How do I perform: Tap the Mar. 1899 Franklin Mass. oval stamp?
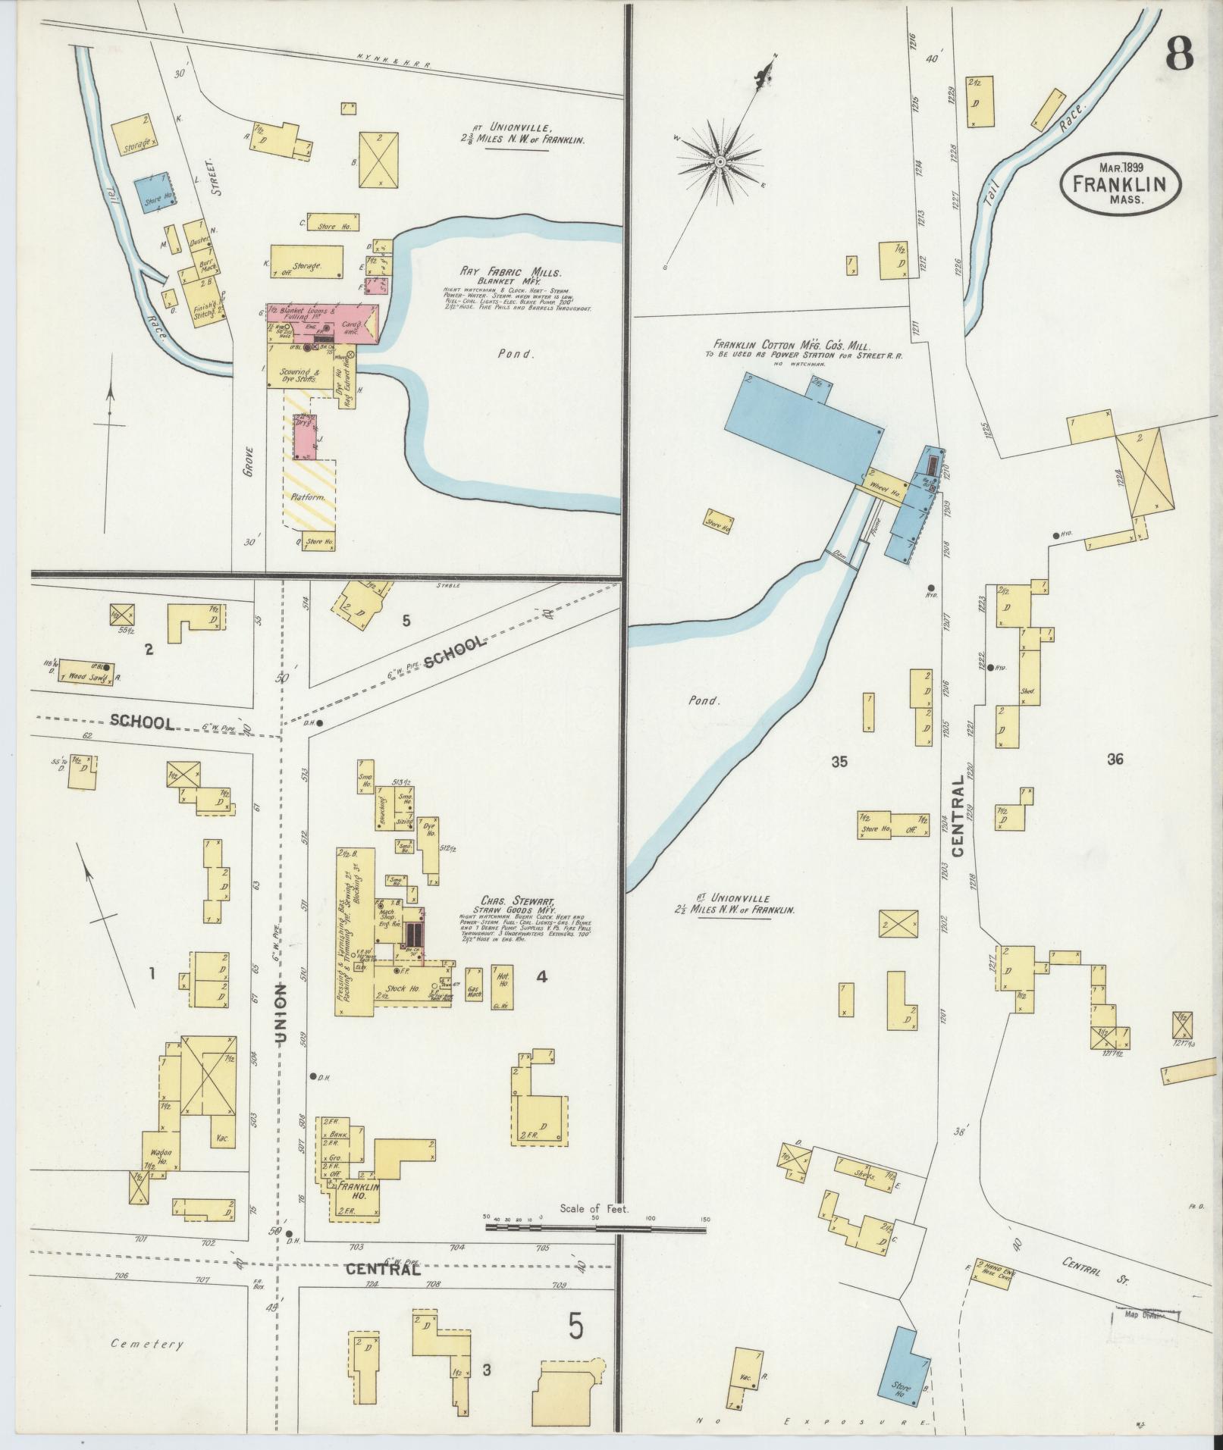pos(1121,183)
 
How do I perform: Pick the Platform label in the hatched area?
pos(308,498)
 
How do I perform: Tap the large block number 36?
pos(1114,760)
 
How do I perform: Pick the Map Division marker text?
pos(1145,1315)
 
